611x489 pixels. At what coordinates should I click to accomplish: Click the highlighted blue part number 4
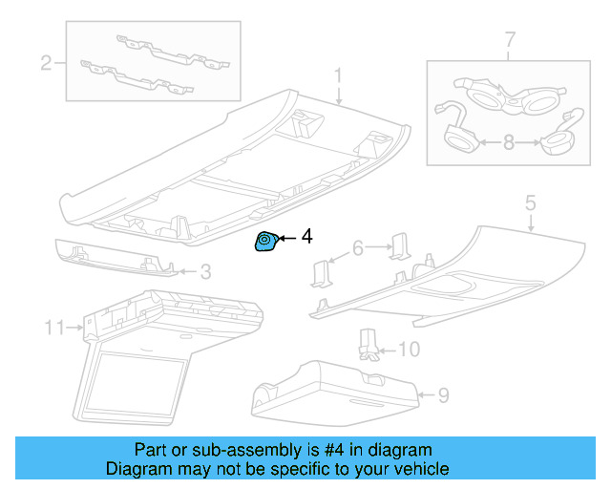click(264, 244)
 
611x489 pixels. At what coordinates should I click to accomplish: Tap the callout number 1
click(337, 74)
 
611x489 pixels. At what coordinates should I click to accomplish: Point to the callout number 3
click(205, 272)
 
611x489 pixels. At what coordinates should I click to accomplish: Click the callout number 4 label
click(306, 235)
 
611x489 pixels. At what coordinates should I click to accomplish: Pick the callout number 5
click(530, 203)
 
